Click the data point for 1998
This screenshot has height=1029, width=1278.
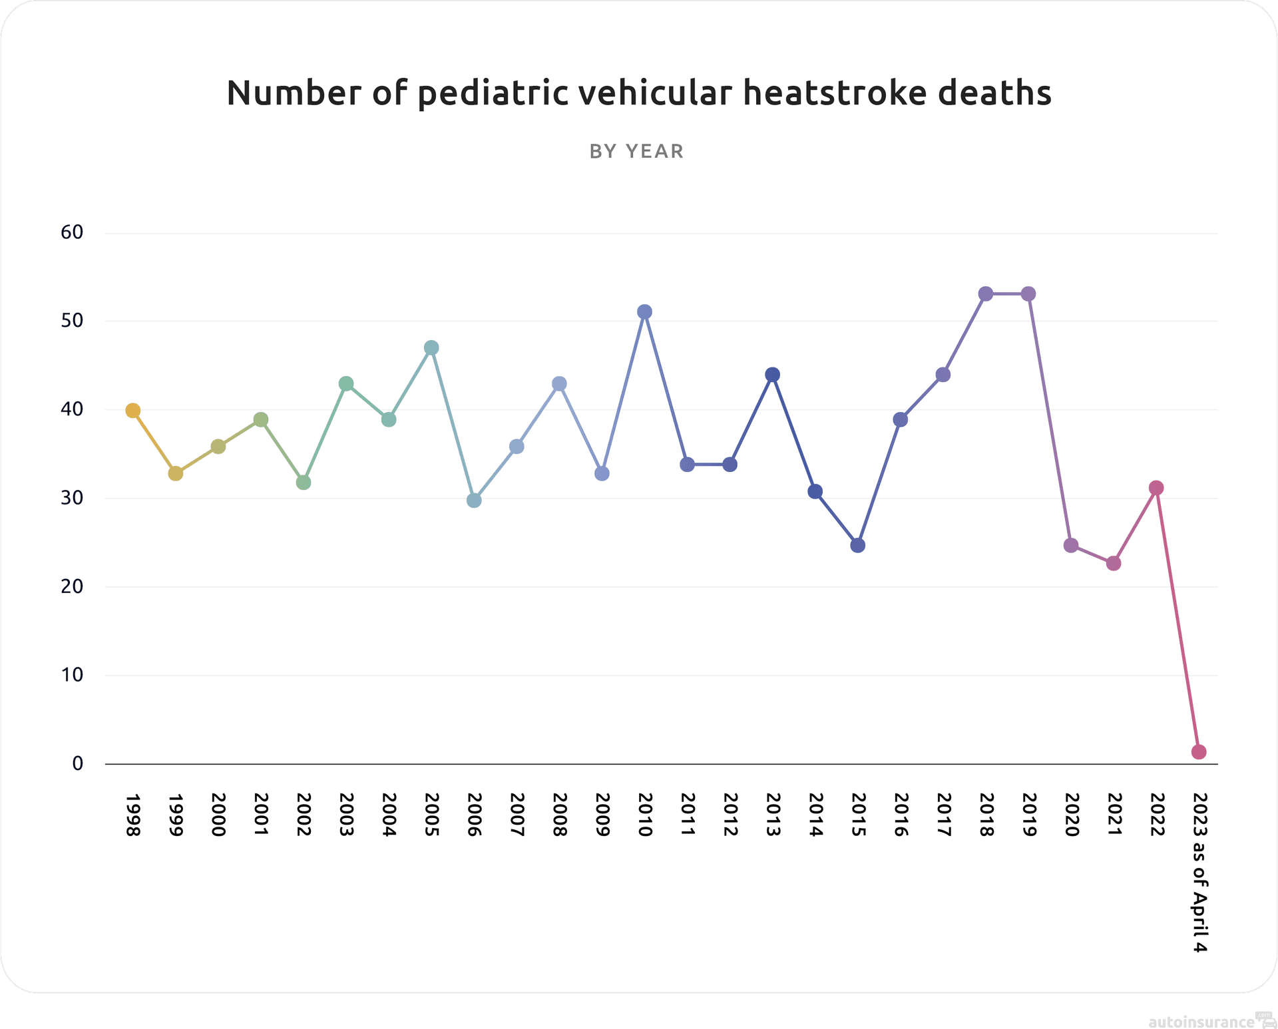click(x=133, y=411)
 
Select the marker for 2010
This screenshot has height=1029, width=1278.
click(x=644, y=312)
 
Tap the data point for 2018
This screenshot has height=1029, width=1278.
click(x=986, y=294)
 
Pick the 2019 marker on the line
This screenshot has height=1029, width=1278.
click(x=1028, y=294)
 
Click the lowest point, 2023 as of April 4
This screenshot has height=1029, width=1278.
click(x=1199, y=752)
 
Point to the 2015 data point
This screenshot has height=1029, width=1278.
click(x=858, y=546)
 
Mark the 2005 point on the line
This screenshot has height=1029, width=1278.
click(x=431, y=348)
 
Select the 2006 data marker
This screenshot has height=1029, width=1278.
click(x=474, y=501)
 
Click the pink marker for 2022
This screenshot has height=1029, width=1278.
click(x=1156, y=488)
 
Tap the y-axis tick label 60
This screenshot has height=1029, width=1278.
click(x=72, y=232)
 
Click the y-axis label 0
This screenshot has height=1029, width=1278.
click(x=78, y=763)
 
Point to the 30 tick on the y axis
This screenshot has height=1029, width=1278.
click(x=72, y=498)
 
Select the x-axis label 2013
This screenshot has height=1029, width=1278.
click(x=773, y=815)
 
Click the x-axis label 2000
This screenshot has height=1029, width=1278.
click(x=218, y=815)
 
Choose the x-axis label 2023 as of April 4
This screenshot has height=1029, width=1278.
click(x=1199, y=872)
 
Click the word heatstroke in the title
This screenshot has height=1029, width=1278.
click(x=835, y=93)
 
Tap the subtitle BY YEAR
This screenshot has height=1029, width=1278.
click(x=636, y=152)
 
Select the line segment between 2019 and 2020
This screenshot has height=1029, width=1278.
click(x=1050, y=420)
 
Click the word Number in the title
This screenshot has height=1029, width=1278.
click(x=294, y=93)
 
